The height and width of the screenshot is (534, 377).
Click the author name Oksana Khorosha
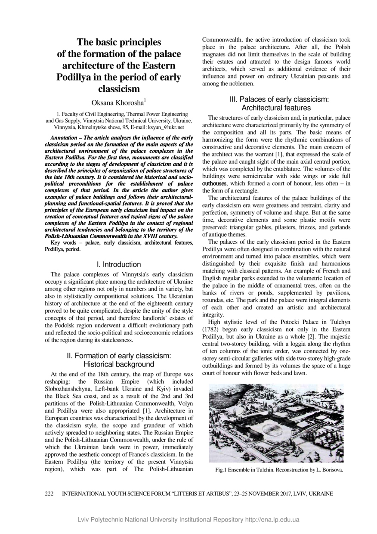[118, 102]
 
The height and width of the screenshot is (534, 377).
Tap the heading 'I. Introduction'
[118, 264]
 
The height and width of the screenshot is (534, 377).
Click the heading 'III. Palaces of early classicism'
[279, 99]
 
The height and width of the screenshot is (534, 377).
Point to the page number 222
[49, 494]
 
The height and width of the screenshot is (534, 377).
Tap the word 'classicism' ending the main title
[119, 89]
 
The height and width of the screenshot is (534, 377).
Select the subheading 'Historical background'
[119, 364]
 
